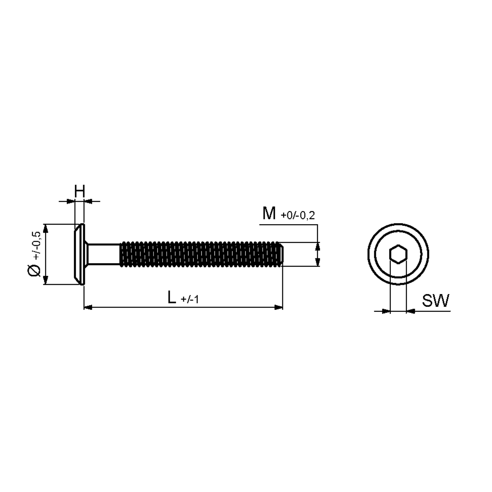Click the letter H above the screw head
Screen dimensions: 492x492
pyautogui.click(x=80, y=191)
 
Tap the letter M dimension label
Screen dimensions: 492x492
pyautogui.click(x=269, y=214)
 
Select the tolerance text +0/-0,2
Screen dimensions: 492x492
pyautogui.click(x=298, y=215)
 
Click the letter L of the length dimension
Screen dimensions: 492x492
pyautogui.click(x=172, y=297)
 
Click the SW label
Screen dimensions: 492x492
pyautogui.click(x=436, y=300)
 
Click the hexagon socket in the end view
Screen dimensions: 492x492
pyautogui.click(x=398, y=254)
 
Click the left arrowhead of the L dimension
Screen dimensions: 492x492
pyautogui.click(x=88, y=307)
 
